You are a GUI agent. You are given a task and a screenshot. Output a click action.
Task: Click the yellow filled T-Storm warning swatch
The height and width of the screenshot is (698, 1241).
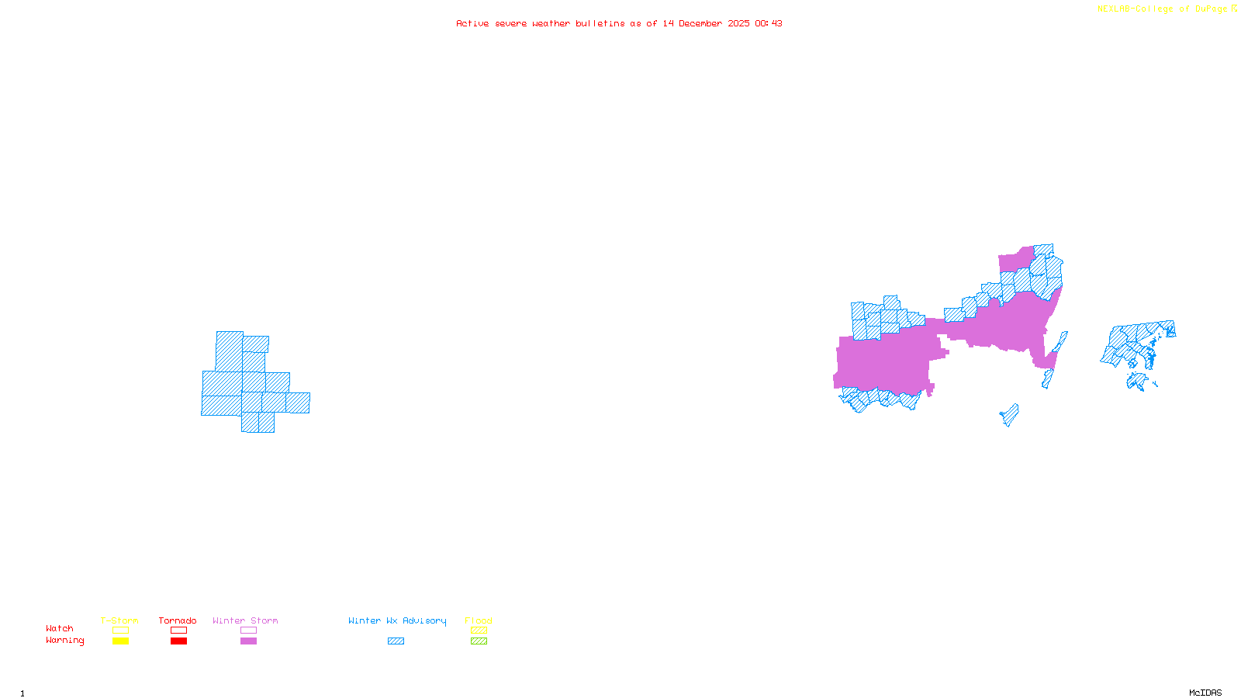[120, 641]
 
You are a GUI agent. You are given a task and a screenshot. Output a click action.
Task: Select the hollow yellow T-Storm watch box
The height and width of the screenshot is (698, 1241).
[120, 631]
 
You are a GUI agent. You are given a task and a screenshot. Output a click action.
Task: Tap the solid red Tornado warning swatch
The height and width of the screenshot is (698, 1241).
[178, 641]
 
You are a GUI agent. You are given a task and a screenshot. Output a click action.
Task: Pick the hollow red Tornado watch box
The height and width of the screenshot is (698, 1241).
[178, 631]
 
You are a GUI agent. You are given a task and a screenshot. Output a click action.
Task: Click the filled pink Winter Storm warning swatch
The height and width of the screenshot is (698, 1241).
[248, 641]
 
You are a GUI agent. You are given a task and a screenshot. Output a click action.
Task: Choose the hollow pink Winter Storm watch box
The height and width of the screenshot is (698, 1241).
[248, 631]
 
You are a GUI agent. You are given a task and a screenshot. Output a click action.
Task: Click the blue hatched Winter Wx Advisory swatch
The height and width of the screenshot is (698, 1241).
[396, 641]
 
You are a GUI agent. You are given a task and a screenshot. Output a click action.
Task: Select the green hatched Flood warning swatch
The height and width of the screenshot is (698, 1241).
[479, 641]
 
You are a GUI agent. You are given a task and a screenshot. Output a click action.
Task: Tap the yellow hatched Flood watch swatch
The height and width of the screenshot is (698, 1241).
[479, 631]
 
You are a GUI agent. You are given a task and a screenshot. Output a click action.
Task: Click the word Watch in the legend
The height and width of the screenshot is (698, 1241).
[60, 629]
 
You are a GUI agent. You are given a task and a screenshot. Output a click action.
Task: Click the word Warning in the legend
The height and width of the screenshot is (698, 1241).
[64, 641]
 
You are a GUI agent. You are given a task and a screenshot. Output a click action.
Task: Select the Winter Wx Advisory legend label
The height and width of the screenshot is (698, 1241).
[397, 620]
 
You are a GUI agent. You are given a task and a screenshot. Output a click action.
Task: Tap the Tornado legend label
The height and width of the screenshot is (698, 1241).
[178, 620]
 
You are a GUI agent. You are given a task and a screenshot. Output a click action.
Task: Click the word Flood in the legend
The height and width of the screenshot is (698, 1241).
[479, 620]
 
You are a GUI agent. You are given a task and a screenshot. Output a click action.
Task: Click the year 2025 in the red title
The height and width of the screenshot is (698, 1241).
[738, 23]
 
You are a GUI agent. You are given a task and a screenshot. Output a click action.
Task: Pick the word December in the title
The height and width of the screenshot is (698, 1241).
[700, 23]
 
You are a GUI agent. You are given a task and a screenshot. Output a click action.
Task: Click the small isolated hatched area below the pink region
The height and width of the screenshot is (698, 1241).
[1010, 415]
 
